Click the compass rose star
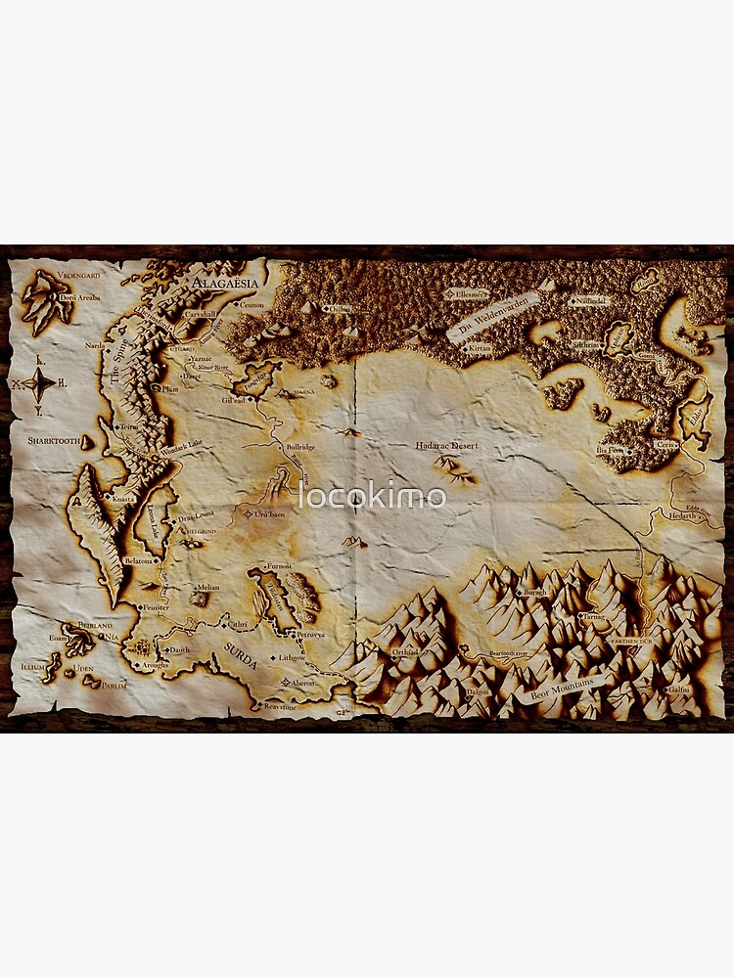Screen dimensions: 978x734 click(x=39, y=384)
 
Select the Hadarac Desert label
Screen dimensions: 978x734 click(x=446, y=446)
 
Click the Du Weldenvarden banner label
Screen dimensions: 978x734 click(x=494, y=317)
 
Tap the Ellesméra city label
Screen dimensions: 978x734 click(x=468, y=292)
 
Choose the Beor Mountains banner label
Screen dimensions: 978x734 click(x=562, y=689)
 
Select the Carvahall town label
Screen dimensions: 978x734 click(x=201, y=314)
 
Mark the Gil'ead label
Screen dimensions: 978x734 click(x=233, y=399)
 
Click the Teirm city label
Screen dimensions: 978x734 click(x=128, y=427)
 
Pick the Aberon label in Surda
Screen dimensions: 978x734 click(x=302, y=683)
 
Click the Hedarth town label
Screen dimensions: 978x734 click(x=683, y=514)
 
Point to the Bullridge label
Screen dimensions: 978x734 click(x=299, y=447)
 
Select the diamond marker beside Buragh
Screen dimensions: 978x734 click(x=518, y=592)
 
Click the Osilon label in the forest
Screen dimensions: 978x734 click(x=339, y=309)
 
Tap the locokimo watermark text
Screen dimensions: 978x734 click(x=372, y=496)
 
